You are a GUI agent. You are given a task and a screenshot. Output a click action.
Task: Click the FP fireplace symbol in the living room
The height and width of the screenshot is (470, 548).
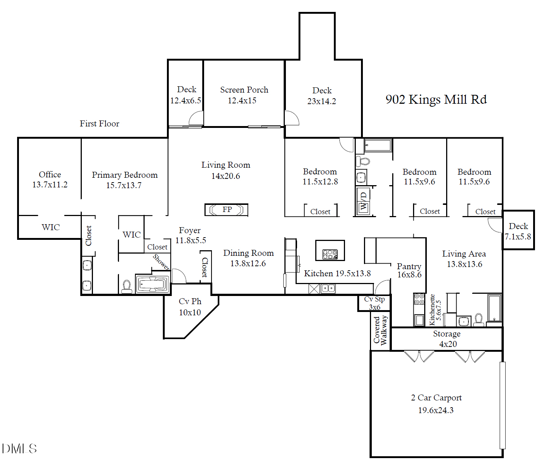tap(226, 210)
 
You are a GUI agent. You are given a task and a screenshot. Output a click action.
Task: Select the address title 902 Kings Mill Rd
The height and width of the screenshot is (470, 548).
tap(436, 100)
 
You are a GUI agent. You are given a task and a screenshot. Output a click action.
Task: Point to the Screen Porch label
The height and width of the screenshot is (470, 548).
tap(244, 90)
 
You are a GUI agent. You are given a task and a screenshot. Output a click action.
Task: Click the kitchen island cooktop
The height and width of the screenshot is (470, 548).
tap(330, 254)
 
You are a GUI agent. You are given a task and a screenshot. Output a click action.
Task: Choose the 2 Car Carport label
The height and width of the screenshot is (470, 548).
tap(436, 398)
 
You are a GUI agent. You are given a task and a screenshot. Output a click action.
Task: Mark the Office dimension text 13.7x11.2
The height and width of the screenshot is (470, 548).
tap(50, 185)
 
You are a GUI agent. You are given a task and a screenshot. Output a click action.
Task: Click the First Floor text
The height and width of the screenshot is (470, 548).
tap(99, 124)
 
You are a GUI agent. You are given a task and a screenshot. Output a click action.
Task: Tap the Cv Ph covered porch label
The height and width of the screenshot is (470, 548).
tap(190, 302)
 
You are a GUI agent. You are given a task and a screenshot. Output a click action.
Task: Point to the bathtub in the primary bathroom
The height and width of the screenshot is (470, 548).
tap(152, 284)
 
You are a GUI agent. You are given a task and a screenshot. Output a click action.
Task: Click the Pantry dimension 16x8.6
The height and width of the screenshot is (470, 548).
tap(409, 275)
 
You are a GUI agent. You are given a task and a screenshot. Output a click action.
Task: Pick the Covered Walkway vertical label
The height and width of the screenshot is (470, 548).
tap(380, 330)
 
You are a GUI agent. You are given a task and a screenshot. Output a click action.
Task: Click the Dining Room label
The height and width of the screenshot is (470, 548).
tap(248, 253)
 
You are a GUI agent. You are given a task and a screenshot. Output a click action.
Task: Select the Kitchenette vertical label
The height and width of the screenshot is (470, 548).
tap(432, 310)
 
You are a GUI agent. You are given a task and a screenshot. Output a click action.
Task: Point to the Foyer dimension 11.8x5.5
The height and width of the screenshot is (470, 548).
tap(190, 241)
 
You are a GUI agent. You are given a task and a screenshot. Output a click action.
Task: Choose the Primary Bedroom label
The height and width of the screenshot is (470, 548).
tap(125, 175)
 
